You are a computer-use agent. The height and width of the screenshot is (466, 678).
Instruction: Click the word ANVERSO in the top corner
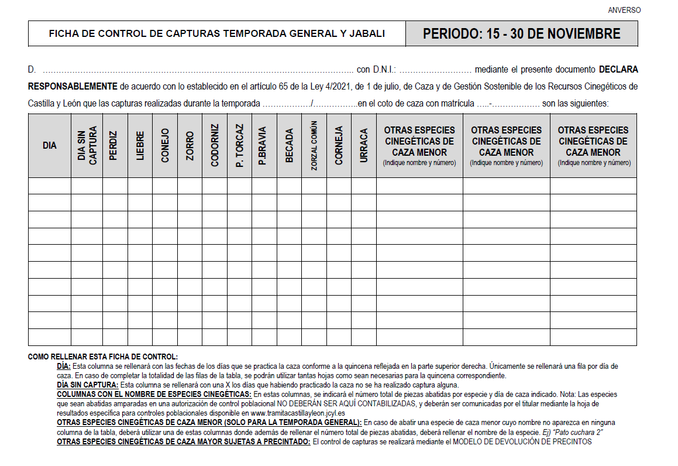pyautogui.click(x=624, y=10)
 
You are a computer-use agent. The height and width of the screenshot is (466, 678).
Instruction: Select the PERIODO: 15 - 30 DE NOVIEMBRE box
pyautogui.click(x=521, y=34)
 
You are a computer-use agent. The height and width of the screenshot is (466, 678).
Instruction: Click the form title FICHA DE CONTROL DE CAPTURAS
pyautogui.click(x=216, y=34)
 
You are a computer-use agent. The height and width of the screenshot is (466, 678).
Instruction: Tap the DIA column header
pyautogui.click(x=50, y=145)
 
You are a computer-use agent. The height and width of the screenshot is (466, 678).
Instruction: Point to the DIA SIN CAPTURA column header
pyautogui.click(x=87, y=145)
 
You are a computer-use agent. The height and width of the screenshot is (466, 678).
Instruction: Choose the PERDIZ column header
pyautogui.click(x=115, y=145)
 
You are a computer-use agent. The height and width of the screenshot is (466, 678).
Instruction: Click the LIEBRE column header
pyautogui.click(x=140, y=145)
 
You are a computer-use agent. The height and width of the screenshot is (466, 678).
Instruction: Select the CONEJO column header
pyautogui.click(x=165, y=145)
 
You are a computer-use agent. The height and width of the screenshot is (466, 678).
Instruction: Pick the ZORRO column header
pyautogui.click(x=190, y=145)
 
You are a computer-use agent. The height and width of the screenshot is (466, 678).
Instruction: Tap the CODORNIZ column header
pyautogui.click(x=215, y=145)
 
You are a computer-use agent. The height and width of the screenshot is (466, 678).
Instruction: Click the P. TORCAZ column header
pyautogui.click(x=239, y=145)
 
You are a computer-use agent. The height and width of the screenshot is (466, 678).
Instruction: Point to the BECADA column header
pyautogui.click(x=289, y=145)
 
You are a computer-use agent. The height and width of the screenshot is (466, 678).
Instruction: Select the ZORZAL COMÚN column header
pyautogui.click(x=314, y=145)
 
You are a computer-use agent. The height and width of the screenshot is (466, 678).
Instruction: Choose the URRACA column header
pyautogui.click(x=363, y=145)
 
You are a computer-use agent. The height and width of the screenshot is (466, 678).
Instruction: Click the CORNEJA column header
pyautogui.click(x=339, y=145)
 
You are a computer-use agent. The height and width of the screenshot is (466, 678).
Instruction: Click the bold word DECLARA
pyautogui.click(x=618, y=69)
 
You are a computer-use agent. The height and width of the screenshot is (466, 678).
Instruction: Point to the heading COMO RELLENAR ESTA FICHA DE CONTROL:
pyautogui.click(x=102, y=357)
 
